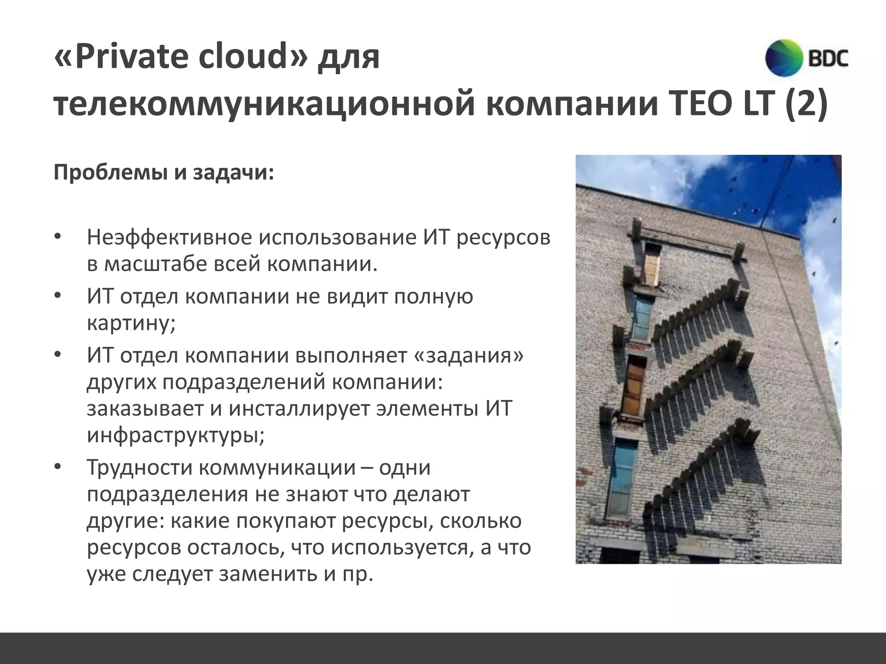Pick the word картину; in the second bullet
click(x=131, y=322)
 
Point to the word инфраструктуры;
click(x=176, y=435)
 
